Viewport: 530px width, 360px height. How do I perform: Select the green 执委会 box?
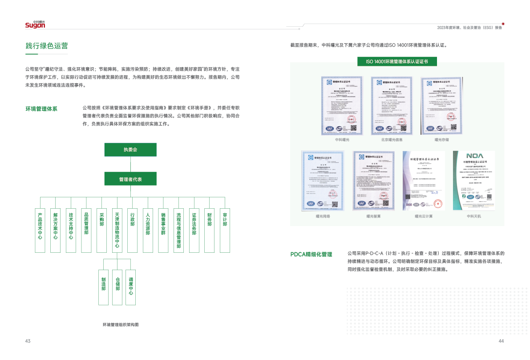(130, 150)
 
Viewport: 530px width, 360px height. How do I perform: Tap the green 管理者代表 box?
(130, 179)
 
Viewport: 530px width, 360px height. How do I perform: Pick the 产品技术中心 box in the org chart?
(40, 230)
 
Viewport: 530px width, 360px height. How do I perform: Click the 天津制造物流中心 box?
(117, 230)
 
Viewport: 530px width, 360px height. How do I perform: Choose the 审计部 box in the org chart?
(225, 230)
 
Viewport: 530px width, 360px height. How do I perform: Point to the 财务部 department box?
(209, 230)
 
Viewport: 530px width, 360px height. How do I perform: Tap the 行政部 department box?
(132, 230)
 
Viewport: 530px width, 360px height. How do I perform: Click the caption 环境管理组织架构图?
(120, 325)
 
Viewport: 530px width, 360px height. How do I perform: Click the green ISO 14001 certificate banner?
(397, 61)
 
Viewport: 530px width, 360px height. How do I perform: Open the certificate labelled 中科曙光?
(342, 105)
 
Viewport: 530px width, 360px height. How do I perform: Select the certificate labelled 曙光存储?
(441, 105)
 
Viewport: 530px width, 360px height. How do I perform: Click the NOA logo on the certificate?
(473, 156)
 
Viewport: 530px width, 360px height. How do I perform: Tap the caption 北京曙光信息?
(392, 140)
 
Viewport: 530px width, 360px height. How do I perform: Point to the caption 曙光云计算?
(424, 216)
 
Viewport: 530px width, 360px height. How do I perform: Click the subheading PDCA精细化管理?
(311, 254)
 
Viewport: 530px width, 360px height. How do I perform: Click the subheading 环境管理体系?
(41, 109)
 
